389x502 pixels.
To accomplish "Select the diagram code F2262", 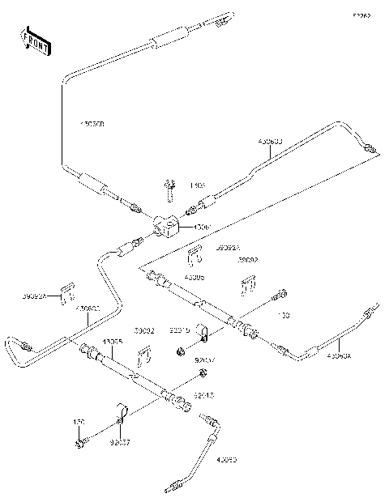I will [x=362, y=15].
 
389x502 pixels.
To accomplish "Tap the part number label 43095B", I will [x=92, y=124].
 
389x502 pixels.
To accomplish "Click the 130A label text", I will [x=198, y=185].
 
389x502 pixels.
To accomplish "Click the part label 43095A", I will [x=340, y=355].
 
